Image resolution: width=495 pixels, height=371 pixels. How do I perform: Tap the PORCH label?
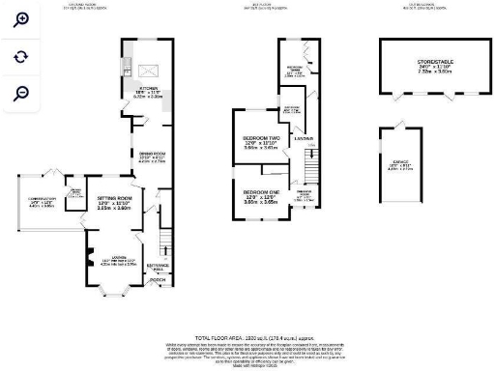point(156,282)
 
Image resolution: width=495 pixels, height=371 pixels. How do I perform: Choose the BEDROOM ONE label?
point(260,195)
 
